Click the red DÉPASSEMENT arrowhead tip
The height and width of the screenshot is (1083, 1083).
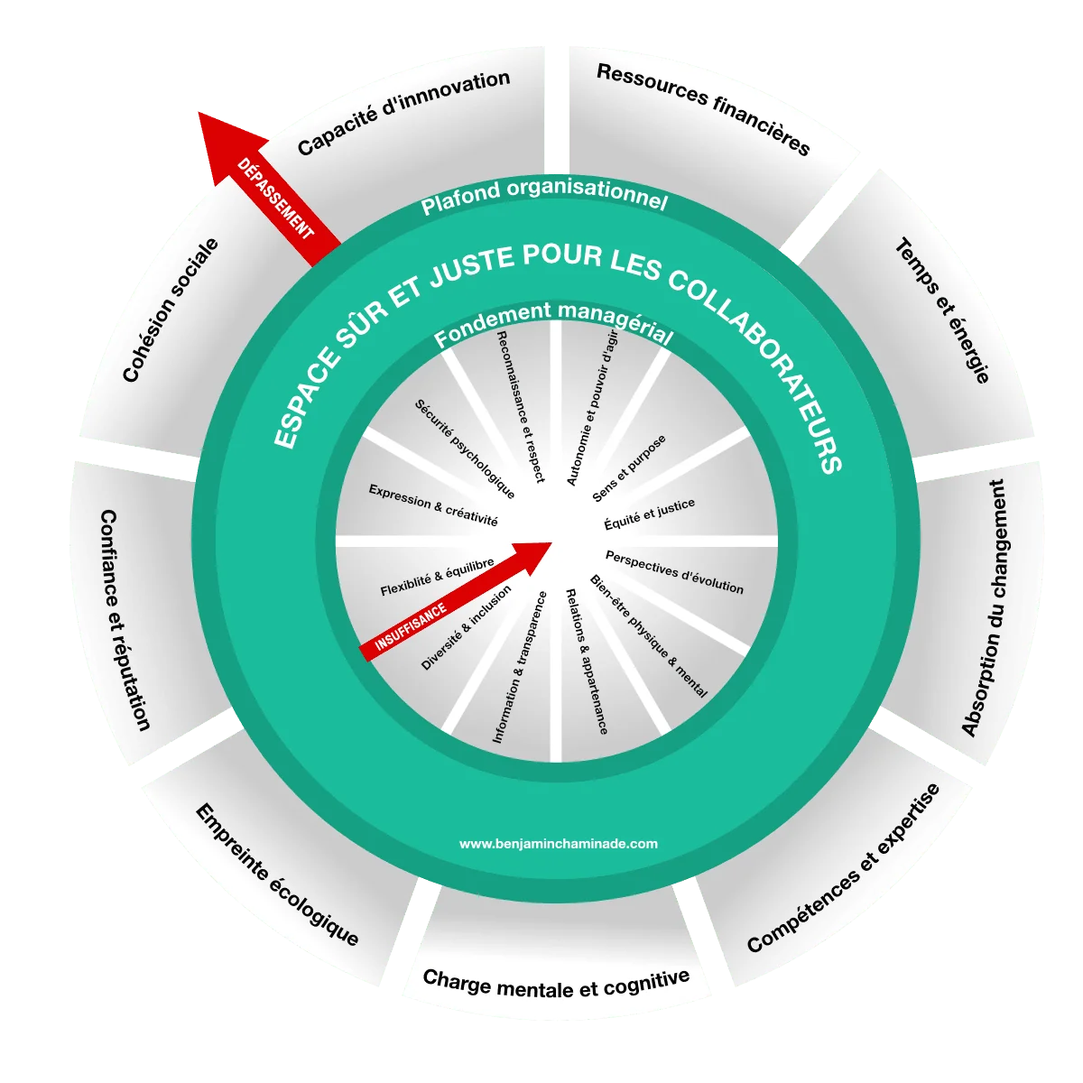pyautogui.click(x=199, y=113)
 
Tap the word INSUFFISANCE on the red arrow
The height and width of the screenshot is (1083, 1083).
pyautogui.click(x=411, y=626)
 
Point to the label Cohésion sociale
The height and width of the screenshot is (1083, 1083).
pyautogui.click(x=170, y=310)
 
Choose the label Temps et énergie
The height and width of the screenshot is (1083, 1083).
pyautogui.click(x=942, y=310)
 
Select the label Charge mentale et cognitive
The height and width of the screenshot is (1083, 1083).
pyautogui.click(x=556, y=987)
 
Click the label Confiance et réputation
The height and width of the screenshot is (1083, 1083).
pyautogui.click(x=125, y=620)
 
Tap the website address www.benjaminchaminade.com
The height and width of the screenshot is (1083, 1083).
pyautogui.click(x=558, y=844)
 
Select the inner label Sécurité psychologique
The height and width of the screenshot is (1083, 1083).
pyautogui.click(x=464, y=449)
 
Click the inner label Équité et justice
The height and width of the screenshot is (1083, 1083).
pyautogui.click(x=649, y=514)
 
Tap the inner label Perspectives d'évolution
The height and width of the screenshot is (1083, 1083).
pyautogui.click(x=674, y=572)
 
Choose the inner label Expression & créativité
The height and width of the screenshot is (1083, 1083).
pyautogui.click(x=433, y=505)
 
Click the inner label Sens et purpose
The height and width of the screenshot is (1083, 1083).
pyautogui.click(x=629, y=468)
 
